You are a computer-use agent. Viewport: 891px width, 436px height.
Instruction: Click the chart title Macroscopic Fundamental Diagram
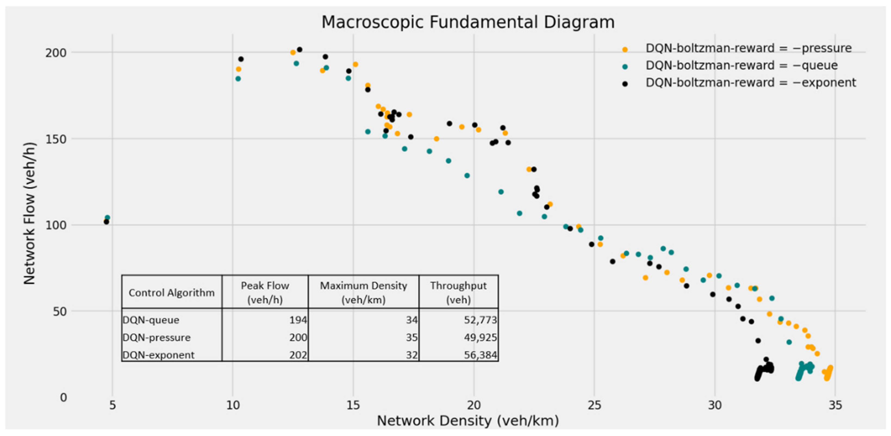[x=468, y=22]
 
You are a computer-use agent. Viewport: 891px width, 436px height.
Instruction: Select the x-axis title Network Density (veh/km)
[x=468, y=421]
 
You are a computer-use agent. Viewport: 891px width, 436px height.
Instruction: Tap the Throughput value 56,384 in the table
[x=480, y=355]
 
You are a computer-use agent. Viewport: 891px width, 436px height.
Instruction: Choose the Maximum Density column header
[x=363, y=292]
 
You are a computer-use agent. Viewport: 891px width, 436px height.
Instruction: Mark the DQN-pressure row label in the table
[x=157, y=337]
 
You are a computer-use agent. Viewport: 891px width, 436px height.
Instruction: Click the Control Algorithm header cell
[x=172, y=293]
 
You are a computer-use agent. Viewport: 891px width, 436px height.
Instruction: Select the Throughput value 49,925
[x=480, y=337]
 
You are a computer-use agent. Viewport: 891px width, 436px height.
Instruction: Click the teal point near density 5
[x=108, y=218]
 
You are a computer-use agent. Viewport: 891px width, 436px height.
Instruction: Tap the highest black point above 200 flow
[x=300, y=50]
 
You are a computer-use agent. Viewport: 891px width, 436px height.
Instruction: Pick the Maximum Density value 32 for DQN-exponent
[x=411, y=355]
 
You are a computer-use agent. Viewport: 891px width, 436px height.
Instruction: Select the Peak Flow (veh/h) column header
[x=265, y=292]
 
